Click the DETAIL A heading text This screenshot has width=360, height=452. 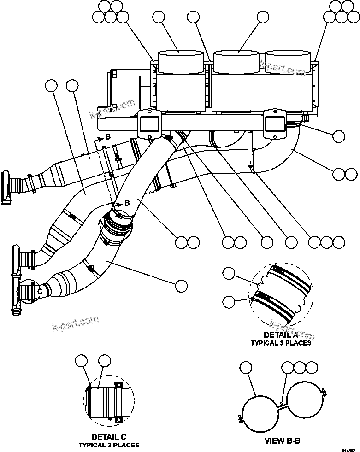tap(281, 335)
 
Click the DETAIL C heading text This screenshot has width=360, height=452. tap(109, 436)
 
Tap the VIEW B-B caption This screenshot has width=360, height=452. tap(282, 440)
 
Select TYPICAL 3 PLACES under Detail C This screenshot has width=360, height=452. tap(109, 445)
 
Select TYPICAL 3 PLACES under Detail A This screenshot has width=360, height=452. tap(281, 343)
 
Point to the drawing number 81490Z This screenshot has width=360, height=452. tap(348, 448)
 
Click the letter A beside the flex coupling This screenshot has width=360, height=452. tap(100, 222)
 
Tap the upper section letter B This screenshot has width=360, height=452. tap(107, 136)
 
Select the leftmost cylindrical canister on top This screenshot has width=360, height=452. tap(181, 62)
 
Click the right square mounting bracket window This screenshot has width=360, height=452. tap(276, 123)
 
